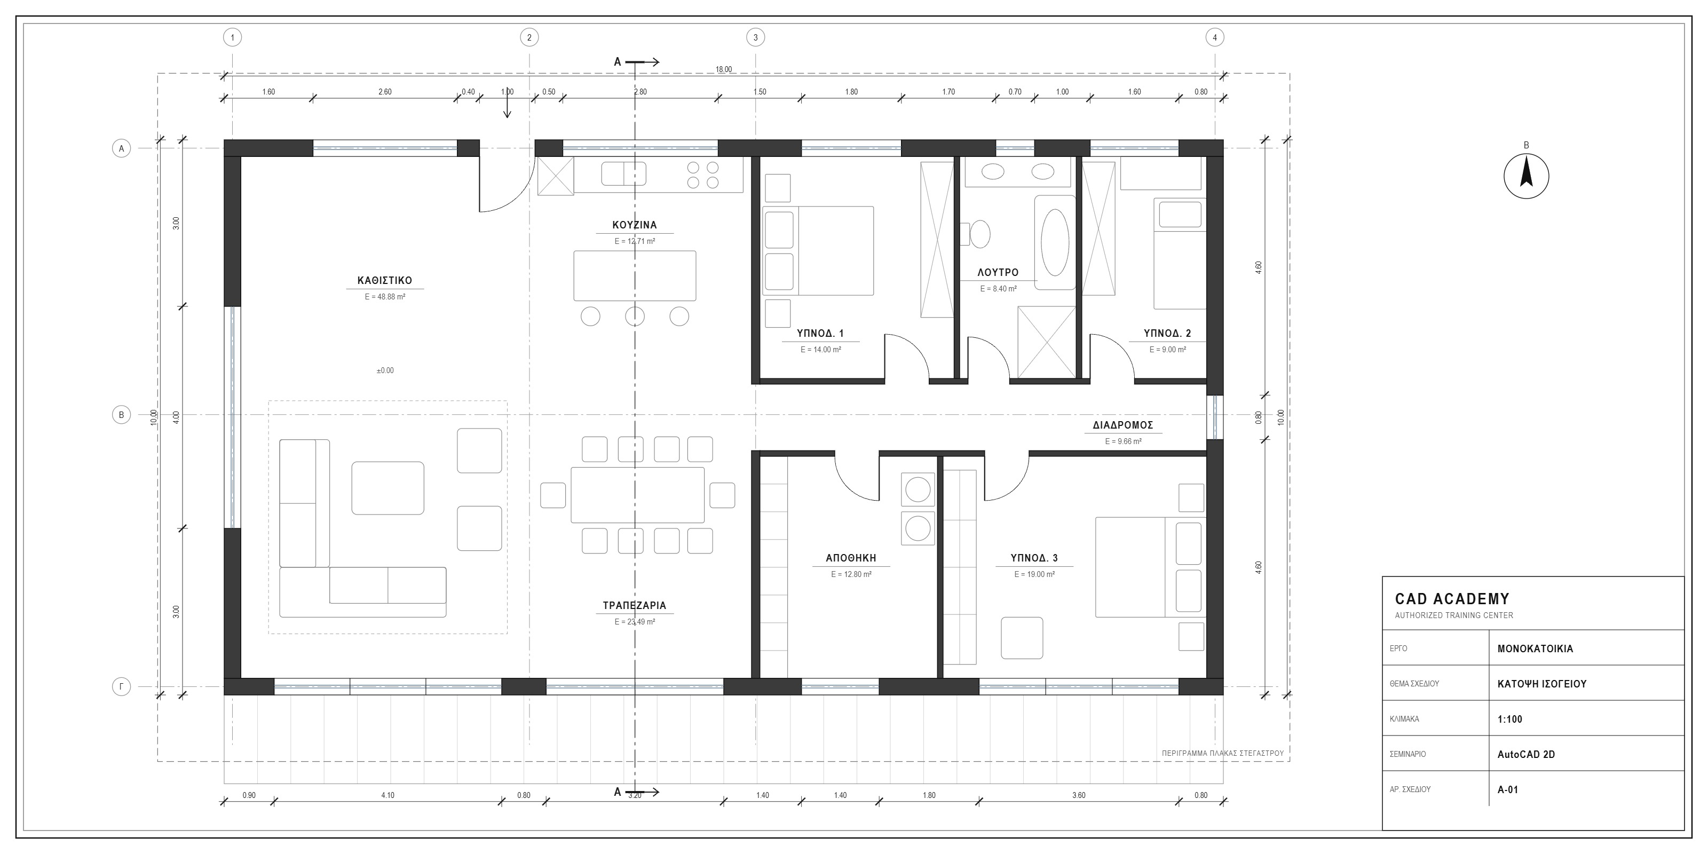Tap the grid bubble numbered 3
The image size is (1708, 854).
pyautogui.click(x=755, y=38)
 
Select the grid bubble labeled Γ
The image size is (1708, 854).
pyautogui.click(x=121, y=687)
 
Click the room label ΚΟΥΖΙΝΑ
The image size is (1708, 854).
pyautogui.click(x=635, y=225)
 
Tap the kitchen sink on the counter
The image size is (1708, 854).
pyautogui.click(x=623, y=173)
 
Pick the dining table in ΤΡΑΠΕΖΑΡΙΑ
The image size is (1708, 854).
pyautogui.click(x=637, y=495)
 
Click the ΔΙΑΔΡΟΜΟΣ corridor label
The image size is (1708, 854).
pyautogui.click(x=1123, y=425)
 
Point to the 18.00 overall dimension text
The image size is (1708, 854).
pyautogui.click(x=723, y=69)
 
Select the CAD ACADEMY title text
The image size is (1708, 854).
pyautogui.click(x=1452, y=599)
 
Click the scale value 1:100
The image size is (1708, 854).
pyautogui.click(x=1510, y=719)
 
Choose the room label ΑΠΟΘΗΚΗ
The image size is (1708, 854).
pyautogui.click(x=851, y=558)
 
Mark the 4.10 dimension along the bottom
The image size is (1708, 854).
pyautogui.click(x=388, y=795)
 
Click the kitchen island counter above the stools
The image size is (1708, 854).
pyautogui.click(x=635, y=276)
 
